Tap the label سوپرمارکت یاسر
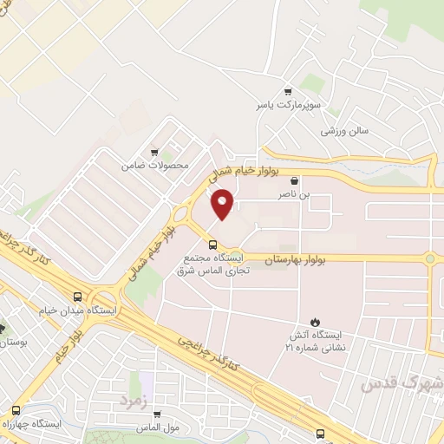(275, 105)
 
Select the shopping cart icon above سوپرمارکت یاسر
(288, 90)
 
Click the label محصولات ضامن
(154, 165)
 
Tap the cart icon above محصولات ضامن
(154, 151)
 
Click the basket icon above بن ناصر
(296, 182)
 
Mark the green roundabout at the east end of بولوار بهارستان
(429, 258)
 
